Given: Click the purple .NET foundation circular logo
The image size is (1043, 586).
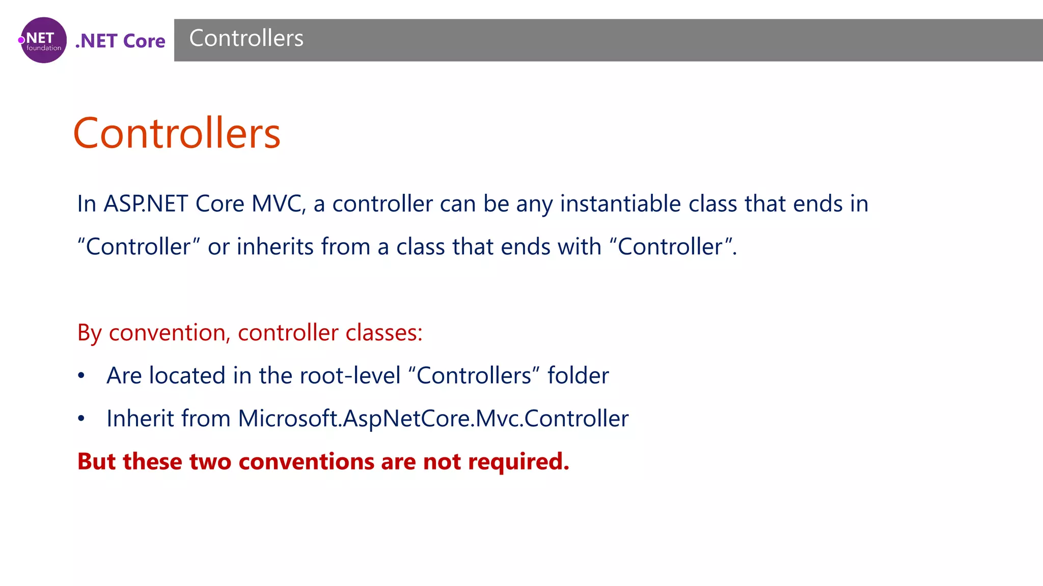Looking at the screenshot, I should (x=43, y=40).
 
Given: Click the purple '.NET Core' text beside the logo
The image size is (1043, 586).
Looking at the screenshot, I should (x=120, y=41).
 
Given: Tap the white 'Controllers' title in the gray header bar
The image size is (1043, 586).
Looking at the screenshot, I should (x=246, y=39).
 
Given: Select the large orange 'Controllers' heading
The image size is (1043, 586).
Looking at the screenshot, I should (x=177, y=133).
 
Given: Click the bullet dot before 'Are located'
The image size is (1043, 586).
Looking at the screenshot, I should (x=81, y=376).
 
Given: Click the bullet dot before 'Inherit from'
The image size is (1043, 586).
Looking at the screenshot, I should (x=81, y=419).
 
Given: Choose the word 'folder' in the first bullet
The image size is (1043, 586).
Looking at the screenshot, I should (x=578, y=376).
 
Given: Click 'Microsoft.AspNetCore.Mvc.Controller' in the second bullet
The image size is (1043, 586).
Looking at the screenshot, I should (x=433, y=419).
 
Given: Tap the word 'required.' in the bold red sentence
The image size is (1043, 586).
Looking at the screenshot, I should (x=518, y=462).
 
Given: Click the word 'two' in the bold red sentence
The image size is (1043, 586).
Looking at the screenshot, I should (x=210, y=462).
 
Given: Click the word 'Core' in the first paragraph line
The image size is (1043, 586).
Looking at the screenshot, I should (x=220, y=204).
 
